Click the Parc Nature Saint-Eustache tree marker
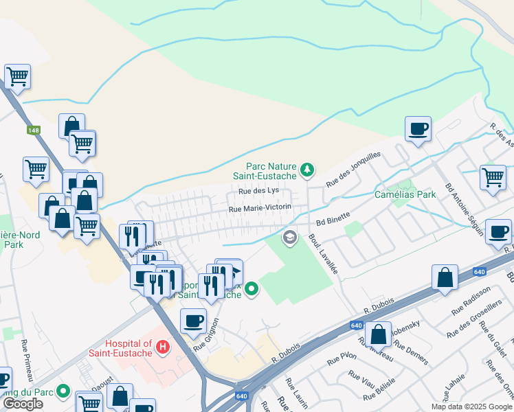(x=308, y=168)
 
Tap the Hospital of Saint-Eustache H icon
(x=163, y=347)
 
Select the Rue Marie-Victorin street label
(x=260, y=207)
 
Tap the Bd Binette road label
(x=333, y=219)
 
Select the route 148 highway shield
(x=34, y=130)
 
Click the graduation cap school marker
(x=290, y=238)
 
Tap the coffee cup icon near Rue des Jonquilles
(x=418, y=128)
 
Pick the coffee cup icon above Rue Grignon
(x=194, y=320)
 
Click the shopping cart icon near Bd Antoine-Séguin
(x=493, y=176)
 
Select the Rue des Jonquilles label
(x=353, y=170)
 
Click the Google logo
(x=23, y=404)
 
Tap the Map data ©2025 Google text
(x=471, y=407)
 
